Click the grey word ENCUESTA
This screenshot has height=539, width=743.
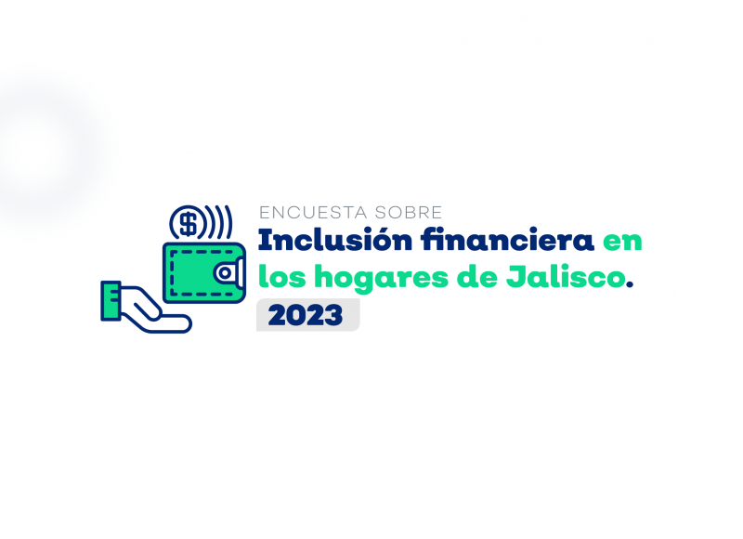click(313, 213)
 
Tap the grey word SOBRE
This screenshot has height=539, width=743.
click(409, 213)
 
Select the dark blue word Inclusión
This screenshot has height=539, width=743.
click(335, 240)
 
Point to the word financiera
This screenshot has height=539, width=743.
click(507, 240)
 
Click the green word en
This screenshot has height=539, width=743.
click(622, 242)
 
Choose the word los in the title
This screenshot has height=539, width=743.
click(282, 276)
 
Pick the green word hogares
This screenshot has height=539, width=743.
click(381, 278)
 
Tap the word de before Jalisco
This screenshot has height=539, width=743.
click(477, 276)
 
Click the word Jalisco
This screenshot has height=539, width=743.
click(566, 276)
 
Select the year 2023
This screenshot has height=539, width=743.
click(306, 315)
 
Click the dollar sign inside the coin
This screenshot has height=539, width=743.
click(189, 223)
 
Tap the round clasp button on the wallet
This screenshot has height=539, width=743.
click(225, 273)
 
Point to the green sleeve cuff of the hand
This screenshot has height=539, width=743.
click(111, 300)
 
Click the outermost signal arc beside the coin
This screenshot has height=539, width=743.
click(228, 222)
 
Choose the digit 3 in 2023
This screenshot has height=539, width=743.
click(333, 316)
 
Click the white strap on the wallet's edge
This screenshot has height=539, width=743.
click(241, 272)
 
